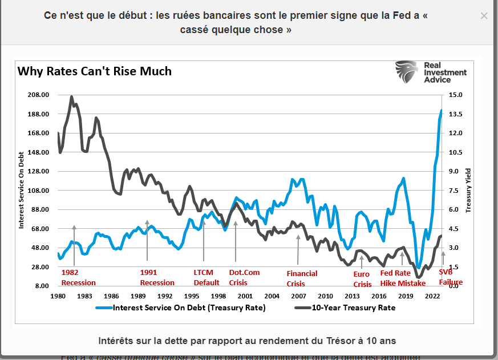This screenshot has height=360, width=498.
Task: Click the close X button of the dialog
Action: coord(484,16)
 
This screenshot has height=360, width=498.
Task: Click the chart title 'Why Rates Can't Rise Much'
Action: coord(95,71)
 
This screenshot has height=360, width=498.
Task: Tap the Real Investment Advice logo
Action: coord(431,72)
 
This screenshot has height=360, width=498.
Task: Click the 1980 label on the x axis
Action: coord(58,297)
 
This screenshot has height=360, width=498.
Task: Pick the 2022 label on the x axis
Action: coord(432,297)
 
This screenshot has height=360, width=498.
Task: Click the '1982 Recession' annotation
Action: coord(78,277)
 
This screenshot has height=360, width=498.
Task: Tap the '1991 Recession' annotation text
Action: coord(157,277)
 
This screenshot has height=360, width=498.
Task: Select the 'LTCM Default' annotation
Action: coord(207,277)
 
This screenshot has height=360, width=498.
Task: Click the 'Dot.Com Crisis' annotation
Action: coord(244,277)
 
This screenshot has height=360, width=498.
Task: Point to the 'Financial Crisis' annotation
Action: coord(302,278)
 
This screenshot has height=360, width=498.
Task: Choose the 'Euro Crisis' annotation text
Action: coord(362,280)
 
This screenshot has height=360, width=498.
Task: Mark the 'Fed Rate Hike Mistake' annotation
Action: coord(403,277)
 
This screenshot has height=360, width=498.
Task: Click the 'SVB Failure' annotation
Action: coord(451,277)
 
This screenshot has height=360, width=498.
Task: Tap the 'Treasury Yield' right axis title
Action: coord(468,190)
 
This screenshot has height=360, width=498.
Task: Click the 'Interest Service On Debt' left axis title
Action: coord(22,191)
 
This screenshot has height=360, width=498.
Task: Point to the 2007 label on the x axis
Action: coord(299,297)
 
